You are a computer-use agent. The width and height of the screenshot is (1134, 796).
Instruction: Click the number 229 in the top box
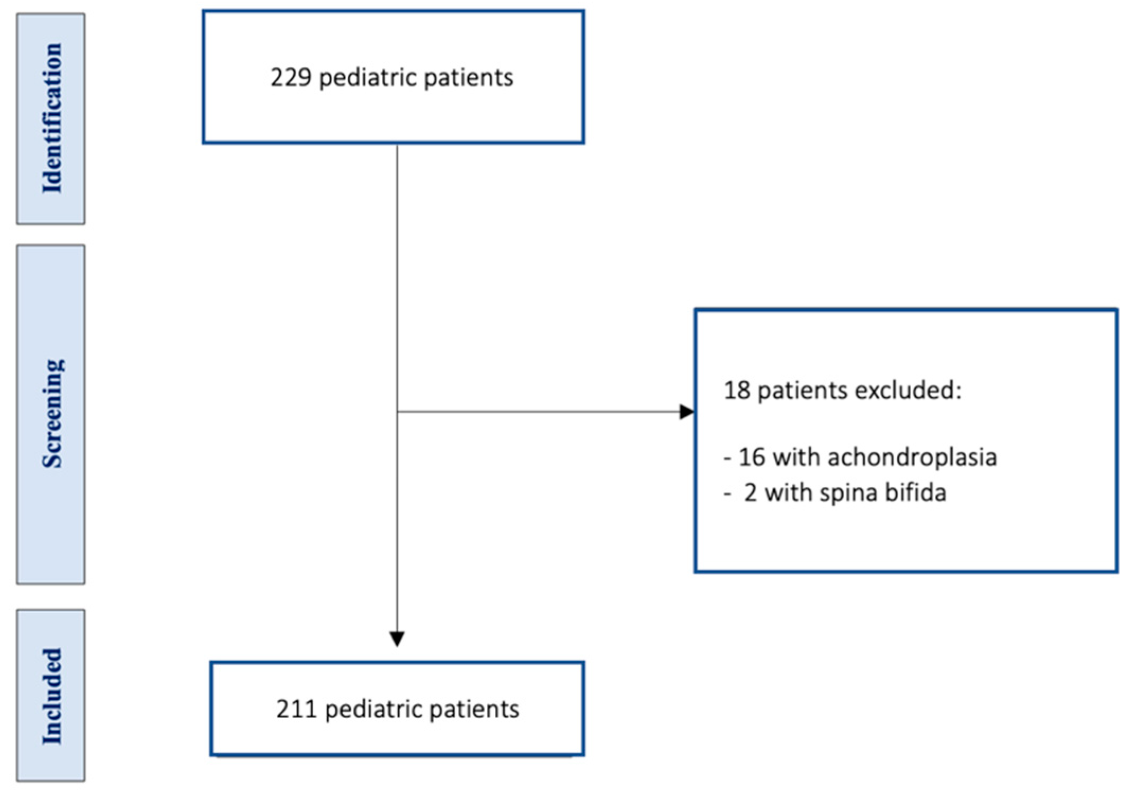[290, 78]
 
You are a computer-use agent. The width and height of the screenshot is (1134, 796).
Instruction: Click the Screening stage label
[51, 414]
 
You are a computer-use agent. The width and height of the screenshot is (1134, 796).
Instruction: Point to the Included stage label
[51, 695]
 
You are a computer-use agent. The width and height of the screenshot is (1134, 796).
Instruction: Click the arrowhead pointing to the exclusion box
[687, 412]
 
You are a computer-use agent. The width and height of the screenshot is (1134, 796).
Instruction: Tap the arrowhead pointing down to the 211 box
[397, 638]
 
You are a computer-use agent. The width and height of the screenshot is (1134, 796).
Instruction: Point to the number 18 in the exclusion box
[737, 390]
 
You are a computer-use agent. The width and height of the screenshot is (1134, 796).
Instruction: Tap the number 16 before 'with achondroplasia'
[752, 457]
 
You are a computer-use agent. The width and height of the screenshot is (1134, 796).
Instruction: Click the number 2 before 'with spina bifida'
[750, 493]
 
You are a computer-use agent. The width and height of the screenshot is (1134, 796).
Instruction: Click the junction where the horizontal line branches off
[397, 412]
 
